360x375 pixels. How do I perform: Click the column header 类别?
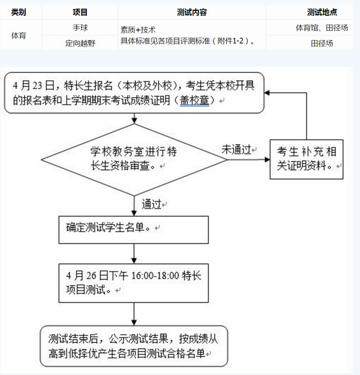point(19,12)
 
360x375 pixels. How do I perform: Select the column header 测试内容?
point(192,12)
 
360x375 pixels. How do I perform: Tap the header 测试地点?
point(322,12)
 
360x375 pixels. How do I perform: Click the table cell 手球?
point(80,28)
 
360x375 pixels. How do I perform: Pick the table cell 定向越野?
point(80,43)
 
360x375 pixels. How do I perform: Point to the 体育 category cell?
point(19,36)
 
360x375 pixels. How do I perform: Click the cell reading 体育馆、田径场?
point(322,28)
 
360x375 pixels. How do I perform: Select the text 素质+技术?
point(138,30)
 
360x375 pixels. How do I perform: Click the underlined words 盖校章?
point(194,101)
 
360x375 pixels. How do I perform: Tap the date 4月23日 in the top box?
point(34,86)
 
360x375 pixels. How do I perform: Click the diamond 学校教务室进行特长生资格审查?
point(134,160)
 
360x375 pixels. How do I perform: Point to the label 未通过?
point(236,150)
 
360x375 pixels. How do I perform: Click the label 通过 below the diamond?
point(151,204)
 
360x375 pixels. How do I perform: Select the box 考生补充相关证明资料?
point(306,160)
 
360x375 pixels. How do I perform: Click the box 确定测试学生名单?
point(134,230)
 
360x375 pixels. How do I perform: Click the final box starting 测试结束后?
point(134,346)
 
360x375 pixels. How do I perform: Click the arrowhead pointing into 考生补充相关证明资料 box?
point(267,160)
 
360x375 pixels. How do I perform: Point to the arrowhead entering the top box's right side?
point(267,93)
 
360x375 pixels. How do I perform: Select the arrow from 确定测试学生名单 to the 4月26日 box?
point(134,254)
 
